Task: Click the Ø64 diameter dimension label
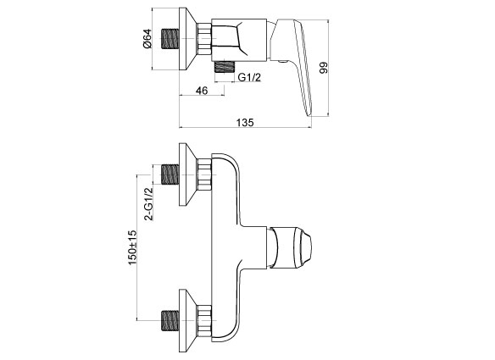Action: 147,38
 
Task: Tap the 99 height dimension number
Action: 324,68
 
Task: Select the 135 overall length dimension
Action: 245,123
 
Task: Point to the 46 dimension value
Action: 202,91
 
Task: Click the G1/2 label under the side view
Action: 249,77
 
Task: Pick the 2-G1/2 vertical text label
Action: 148,204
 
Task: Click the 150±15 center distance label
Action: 132,247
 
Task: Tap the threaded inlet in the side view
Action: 170,39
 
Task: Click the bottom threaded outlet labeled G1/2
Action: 225,67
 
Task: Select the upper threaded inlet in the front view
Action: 170,174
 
